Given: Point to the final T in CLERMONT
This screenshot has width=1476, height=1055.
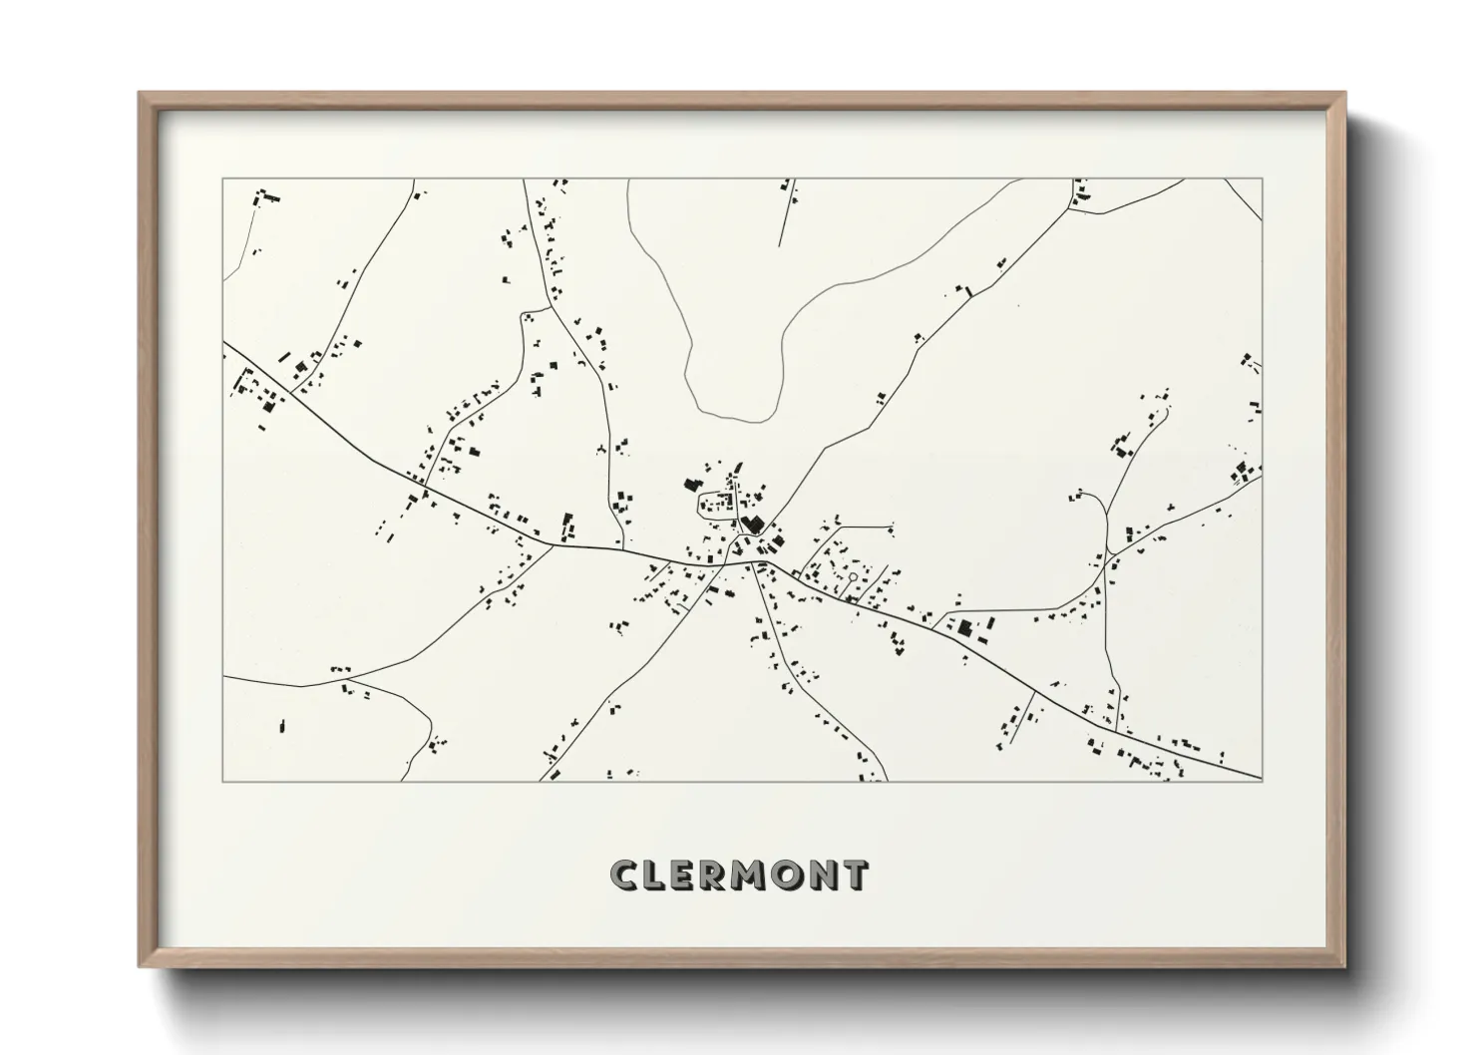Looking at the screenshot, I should point(854,875).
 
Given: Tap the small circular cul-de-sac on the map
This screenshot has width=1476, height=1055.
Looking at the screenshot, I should point(853,576).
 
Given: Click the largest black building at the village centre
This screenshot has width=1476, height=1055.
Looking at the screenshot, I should point(752,524).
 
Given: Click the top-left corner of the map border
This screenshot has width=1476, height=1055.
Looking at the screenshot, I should point(223,179).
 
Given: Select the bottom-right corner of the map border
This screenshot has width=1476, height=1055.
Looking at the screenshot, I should point(1262,781).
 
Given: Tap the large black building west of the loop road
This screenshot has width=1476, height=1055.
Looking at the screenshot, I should point(689,485).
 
